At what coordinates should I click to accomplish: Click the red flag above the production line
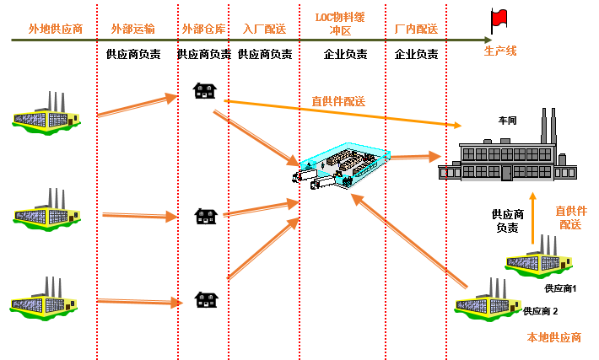499,19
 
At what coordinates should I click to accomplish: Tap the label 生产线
499,51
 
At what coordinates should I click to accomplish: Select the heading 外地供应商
55,29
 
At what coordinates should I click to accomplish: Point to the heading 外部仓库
203,29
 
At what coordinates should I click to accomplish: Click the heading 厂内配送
416,29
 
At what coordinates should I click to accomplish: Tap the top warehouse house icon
203,89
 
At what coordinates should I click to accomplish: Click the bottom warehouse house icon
203,298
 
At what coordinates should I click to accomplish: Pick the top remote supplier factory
47,113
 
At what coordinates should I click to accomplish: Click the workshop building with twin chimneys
507,156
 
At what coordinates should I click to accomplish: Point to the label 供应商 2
541,311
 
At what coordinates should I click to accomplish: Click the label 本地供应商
554,337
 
